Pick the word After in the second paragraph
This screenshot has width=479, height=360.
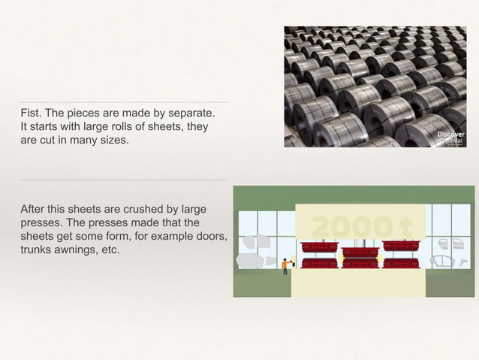click(34, 209)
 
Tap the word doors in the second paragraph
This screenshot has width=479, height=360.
click(209, 236)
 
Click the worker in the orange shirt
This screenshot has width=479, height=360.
click(285, 265)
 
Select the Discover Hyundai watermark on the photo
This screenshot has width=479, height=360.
click(450, 138)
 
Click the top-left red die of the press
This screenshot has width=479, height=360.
click(318, 246)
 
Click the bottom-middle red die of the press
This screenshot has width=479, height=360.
click(360, 263)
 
